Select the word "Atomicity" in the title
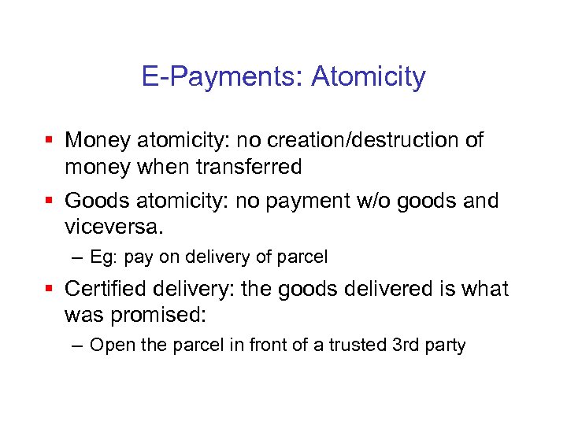[369, 77]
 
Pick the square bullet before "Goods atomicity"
[50, 201]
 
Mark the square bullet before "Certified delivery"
[50, 289]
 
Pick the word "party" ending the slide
[445, 346]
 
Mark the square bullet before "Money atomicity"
[50, 140]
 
